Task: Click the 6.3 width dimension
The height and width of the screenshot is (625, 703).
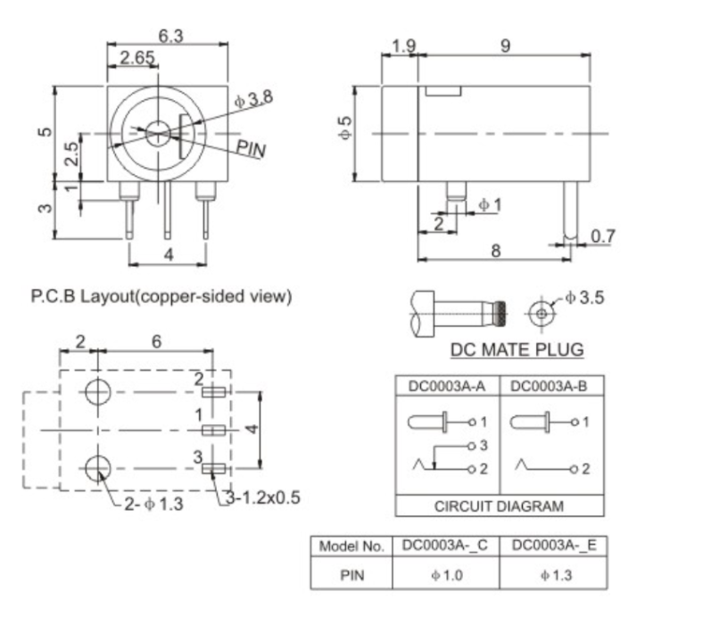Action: click(x=171, y=35)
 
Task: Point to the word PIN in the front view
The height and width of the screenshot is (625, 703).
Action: click(x=252, y=148)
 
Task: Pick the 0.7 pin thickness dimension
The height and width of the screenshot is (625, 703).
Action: click(x=603, y=236)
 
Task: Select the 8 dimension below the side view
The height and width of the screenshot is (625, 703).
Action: click(x=495, y=251)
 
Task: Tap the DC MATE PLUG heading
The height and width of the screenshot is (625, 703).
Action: click(x=517, y=349)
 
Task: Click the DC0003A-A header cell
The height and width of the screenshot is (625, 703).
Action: click(x=447, y=387)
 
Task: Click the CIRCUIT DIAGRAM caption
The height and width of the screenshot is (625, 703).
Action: click(x=499, y=505)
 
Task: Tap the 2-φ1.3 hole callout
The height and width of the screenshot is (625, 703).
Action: click(x=151, y=504)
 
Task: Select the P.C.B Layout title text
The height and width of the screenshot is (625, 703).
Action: click(x=161, y=296)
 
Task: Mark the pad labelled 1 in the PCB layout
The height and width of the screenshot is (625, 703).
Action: click(x=213, y=430)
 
